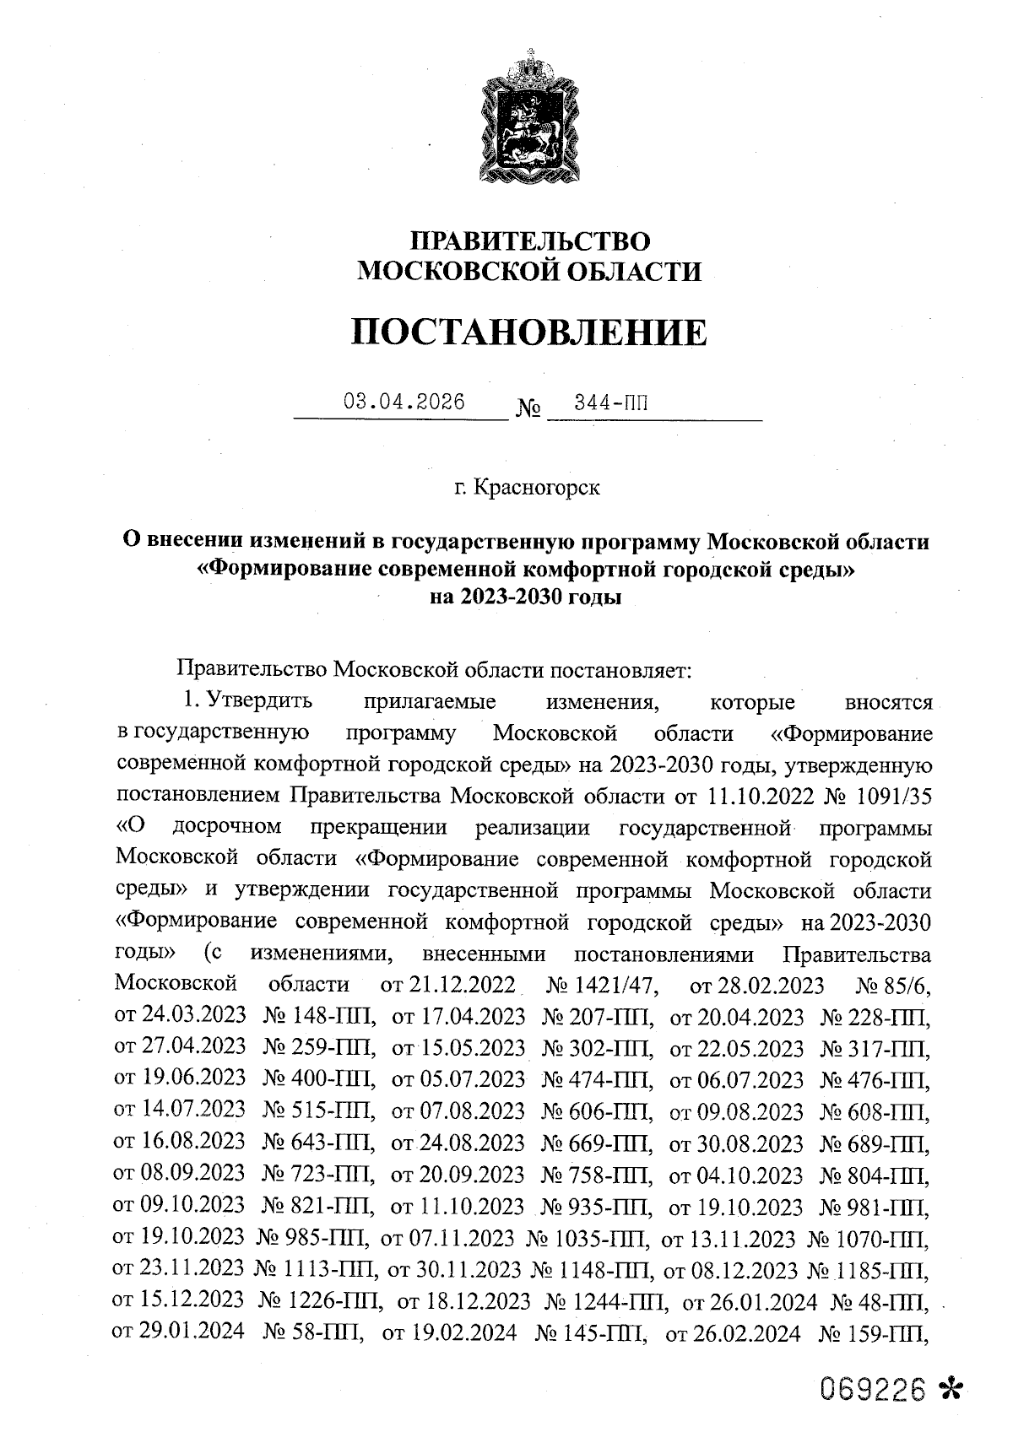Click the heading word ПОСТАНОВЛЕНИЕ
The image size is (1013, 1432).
529,332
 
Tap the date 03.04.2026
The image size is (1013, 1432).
404,403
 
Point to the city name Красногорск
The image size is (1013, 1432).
538,488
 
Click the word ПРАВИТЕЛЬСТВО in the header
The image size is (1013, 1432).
530,240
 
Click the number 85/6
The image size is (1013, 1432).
907,984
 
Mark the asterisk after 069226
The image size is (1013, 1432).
951,1389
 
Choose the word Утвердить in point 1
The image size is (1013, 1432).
260,701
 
